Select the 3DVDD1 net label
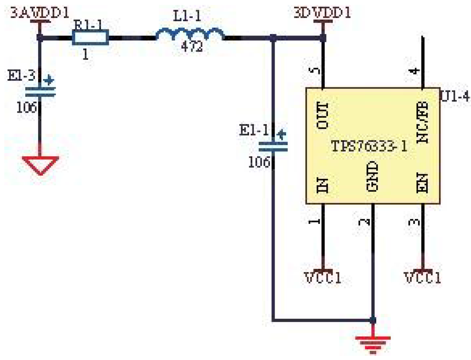(x=322, y=12)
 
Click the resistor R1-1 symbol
(x=90, y=38)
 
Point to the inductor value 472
(x=192, y=47)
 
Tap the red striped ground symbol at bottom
(x=373, y=343)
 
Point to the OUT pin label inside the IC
(x=323, y=115)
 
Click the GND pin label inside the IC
(x=372, y=177)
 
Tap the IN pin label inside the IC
(x=323, y=186)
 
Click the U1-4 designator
(x=455, y=97)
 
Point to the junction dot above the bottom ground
(x=373, y=320)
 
